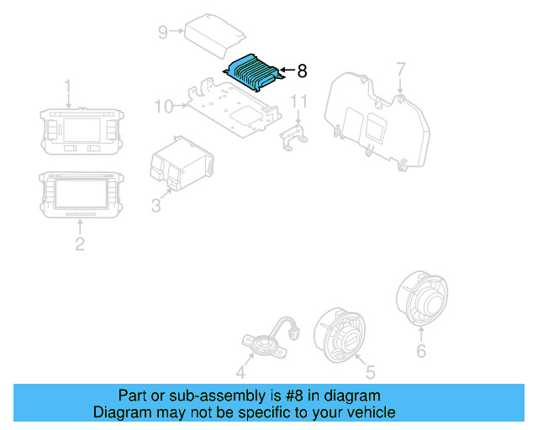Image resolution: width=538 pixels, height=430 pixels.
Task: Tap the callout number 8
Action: [303, 71]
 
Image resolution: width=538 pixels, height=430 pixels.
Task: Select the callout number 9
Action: [163, 33]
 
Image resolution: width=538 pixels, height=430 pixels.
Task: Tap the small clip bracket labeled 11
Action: [294, 137]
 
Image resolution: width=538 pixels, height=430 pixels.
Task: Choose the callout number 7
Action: [401, 68]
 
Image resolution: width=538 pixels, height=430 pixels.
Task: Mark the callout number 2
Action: [80, 244]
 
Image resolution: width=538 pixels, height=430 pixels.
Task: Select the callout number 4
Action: [241, 372]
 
